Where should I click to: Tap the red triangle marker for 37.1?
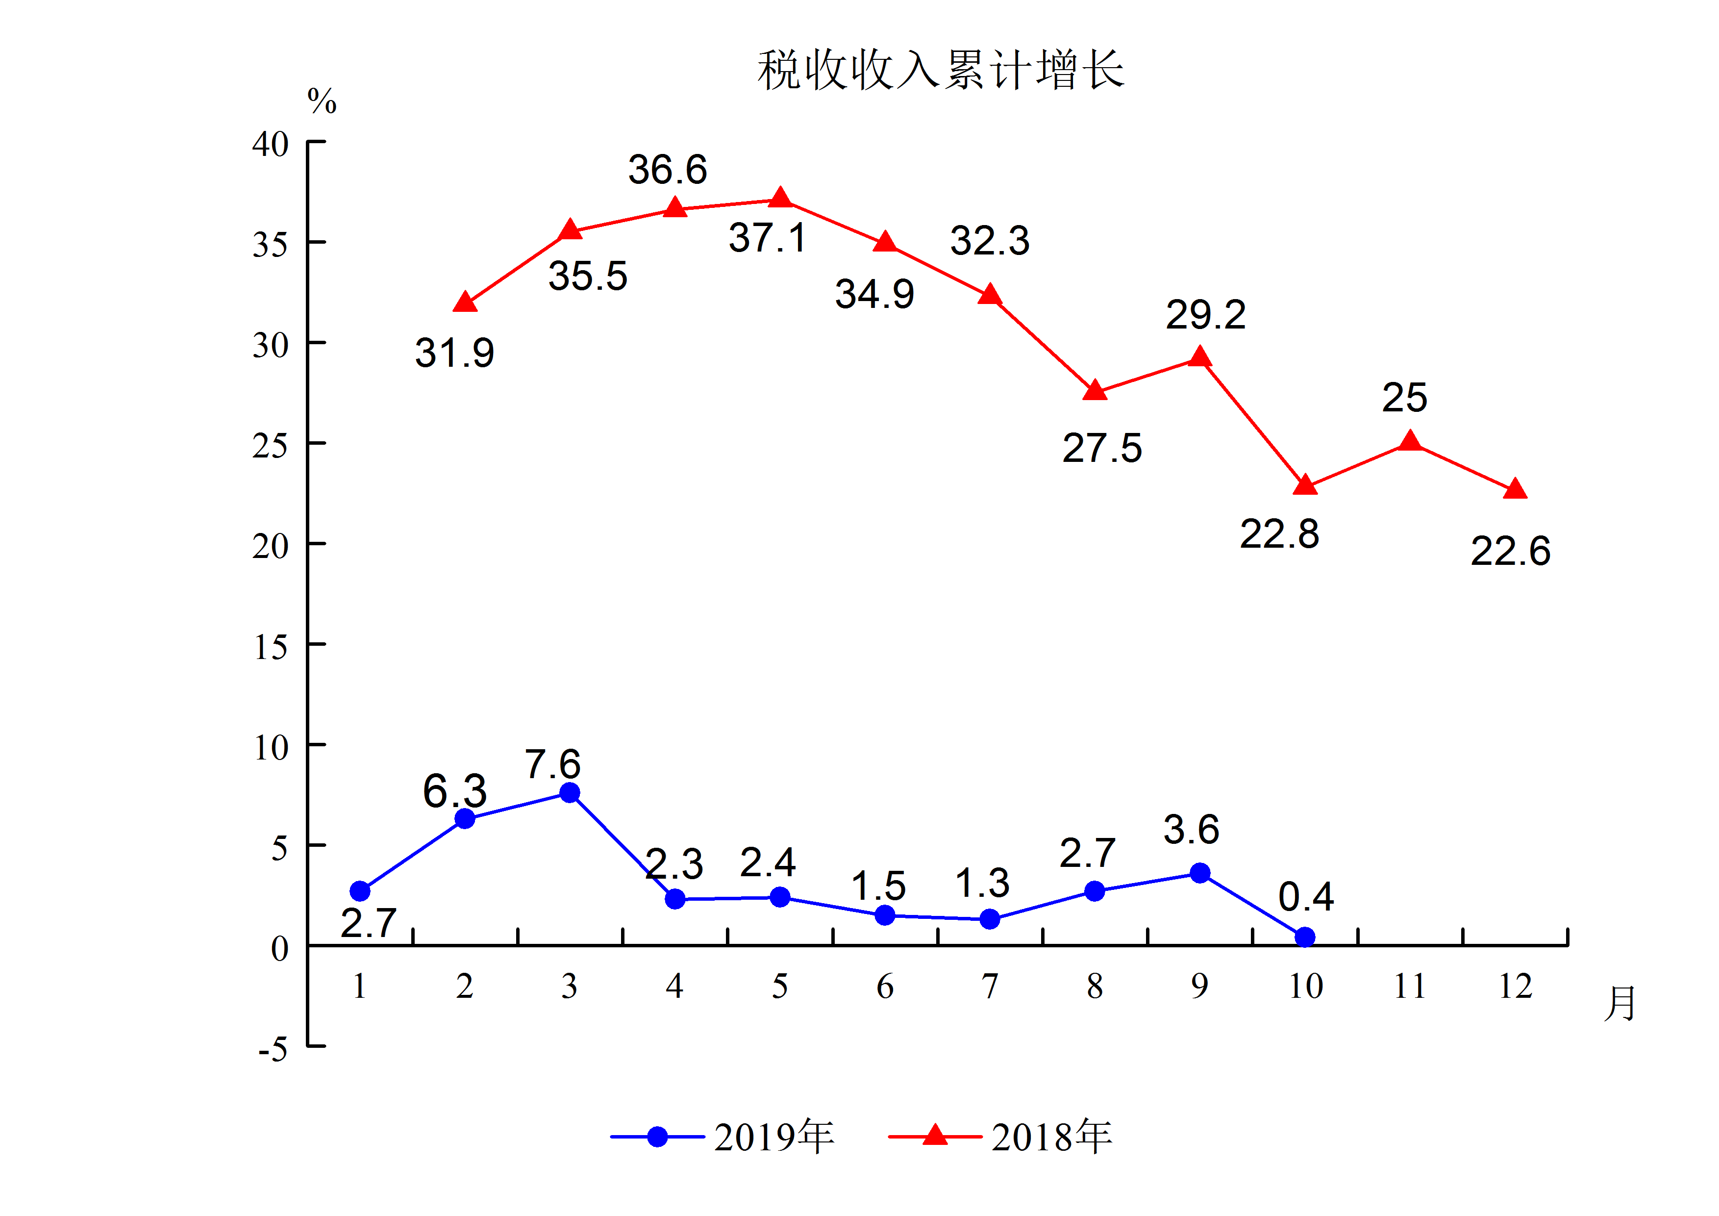[x=780, y=199]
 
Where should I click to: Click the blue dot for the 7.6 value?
[x=570, y=793]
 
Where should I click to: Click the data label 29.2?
[x=1205, y=314]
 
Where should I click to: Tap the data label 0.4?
[x=1306, y=896]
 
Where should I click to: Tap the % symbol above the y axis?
[x=322, y=101]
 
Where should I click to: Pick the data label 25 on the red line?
[x=1404, y=398]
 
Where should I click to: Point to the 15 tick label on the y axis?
[x=270, y=647]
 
